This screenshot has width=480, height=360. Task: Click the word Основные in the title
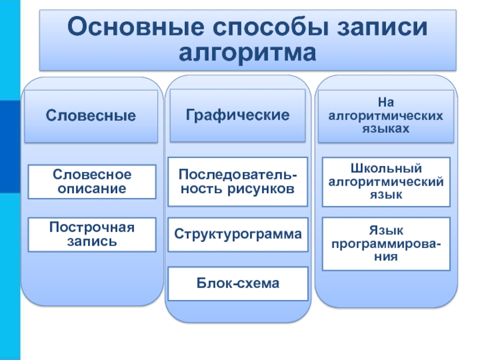pyautogui.click(x=131, y=28)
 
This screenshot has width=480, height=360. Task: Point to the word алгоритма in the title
pyautogui.click(x=248, y=53)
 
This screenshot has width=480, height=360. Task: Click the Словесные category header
pyautogui.click(x=92, y=116)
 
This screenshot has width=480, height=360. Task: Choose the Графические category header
pyautogui.click(x=238, y=115)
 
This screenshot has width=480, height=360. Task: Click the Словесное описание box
pyautogui.click(x=92, y=181)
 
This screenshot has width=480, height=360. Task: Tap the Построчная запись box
pyautogui.click(x=92, y=234)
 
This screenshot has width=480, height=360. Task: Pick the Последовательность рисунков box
pyautogui.click(x=238, y=182)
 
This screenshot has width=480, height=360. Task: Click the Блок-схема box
pyautogui.click(x=238, y=283)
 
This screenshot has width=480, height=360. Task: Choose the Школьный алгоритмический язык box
pyautogui.click(x=386, y=181)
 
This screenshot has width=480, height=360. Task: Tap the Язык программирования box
pyautogui.click(x=386, y=244)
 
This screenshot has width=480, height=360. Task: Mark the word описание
pyautogui.click(x=92, y=188)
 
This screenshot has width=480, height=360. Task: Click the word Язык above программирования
pyautogui.click(x=386, y=230)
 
